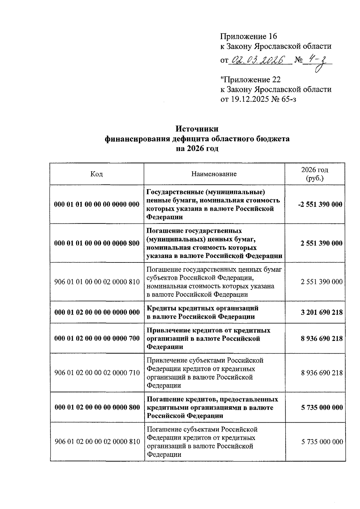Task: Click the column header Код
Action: point(97,174)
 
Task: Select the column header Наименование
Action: point(214,174)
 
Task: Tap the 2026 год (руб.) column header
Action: point(315,174)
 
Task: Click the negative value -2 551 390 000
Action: point(320,205)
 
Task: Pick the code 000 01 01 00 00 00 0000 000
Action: point(97,205)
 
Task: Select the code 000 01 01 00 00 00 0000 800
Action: point(97,243)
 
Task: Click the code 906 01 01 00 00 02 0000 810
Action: point(97,282)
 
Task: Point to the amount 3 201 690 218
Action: point(322,312)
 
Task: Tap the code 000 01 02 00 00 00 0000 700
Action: point(97,338)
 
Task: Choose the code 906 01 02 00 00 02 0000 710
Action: point(97,373)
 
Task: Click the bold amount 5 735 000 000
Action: point(322,407)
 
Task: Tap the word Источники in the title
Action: point(197,129)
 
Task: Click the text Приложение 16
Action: point(248,37)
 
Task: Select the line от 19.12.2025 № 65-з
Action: point(258,99)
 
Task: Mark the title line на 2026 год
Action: point(197,149)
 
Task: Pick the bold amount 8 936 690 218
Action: point(322,338)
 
